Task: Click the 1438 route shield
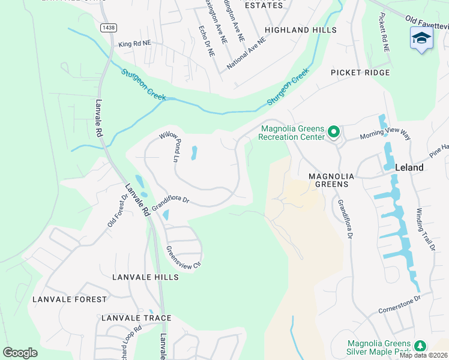click(108, 28)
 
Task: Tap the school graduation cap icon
click(421, 38)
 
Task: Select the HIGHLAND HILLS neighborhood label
click(301, 29)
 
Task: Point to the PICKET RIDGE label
click(360, 73)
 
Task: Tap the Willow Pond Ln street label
click(170, 146)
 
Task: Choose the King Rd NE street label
click(135, 44)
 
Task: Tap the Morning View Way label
click(385, 133)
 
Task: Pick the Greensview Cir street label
click(182, 259)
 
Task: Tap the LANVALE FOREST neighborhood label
click(70, 299)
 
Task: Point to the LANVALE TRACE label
click(136, 318)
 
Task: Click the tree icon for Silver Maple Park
click(421, 346)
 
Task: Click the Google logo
click(20, 353)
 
